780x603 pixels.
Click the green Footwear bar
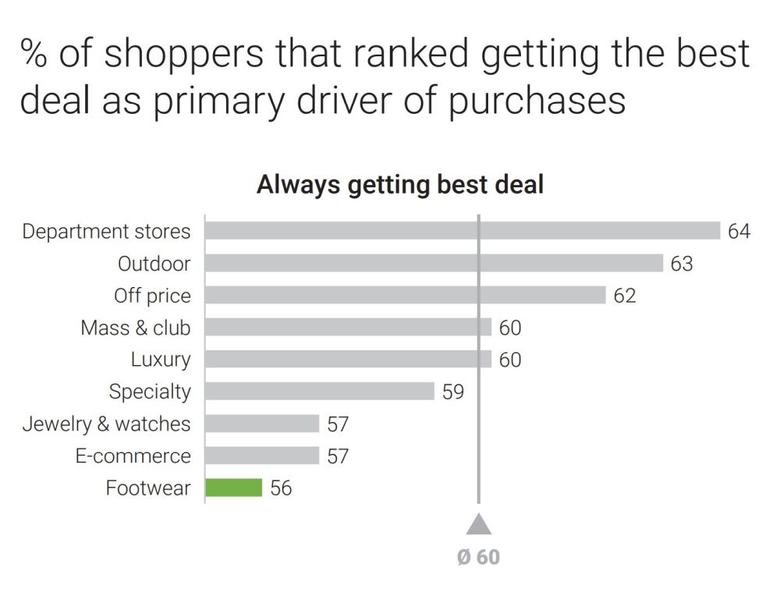coord(234,488)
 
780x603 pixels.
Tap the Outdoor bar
coord(434,263)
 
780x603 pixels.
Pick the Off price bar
coord(405,295)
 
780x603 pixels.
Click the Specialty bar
coord(319,391)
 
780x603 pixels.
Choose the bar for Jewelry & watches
coord(262,424)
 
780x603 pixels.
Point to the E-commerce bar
coord(262,456)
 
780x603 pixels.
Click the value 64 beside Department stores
coord(739,232)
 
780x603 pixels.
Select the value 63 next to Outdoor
coord(681,264)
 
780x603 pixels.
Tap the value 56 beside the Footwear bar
coord(281,488)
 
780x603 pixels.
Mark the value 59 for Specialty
coord(452,392)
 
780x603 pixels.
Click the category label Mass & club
coord(136,328)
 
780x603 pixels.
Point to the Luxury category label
coord(161,360)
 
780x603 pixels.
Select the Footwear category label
coord(148,488)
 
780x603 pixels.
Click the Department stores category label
coord(106,232)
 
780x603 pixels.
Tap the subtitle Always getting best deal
coord(399,185)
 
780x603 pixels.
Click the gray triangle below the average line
coord(479,523)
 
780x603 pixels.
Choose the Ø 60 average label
coord(478,557)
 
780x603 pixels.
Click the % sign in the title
coord(34,53)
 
